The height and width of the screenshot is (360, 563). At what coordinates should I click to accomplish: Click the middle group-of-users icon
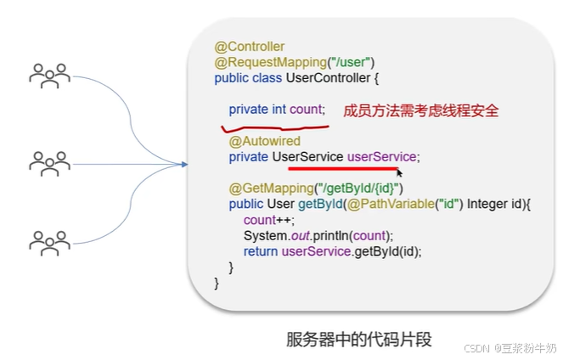point(49,160)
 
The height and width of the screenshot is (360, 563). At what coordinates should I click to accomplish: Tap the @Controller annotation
point(250,47)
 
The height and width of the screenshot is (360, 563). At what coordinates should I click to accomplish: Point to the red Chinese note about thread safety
point(420,110)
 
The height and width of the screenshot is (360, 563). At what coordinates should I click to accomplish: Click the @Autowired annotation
point(264,141)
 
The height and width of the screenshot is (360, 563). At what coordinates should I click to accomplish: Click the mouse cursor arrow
point(399,172)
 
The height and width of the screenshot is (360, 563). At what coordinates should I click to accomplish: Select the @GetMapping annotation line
point(316,188)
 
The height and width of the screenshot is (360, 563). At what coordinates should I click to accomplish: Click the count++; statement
point(262,219)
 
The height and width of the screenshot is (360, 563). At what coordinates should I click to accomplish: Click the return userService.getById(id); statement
point(332,251)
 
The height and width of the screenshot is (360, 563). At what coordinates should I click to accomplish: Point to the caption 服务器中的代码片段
point(359,340)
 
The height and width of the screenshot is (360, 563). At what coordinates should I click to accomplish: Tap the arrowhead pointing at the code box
point(183,162)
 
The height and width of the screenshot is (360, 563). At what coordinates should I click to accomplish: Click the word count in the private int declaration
point(307,110)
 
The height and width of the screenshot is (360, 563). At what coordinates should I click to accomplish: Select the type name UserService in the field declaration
point(307,157)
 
